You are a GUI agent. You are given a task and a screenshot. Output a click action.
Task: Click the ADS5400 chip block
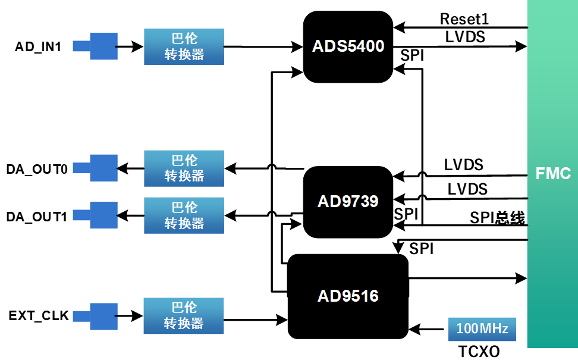pyautogui.click(x=348, y=46)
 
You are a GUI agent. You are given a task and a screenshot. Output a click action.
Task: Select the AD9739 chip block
pyautogui.click(x=348, y=202)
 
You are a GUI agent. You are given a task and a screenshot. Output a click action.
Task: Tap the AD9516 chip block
pyautogui.click(x=348, y=296)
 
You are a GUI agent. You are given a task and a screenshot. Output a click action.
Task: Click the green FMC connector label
pyautogui.click(x=552, y=174)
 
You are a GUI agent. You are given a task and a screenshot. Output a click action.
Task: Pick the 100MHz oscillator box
pyautogui.click(x=482, y=328)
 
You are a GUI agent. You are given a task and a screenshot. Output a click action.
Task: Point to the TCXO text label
pyautogui.click(x=479, y=351)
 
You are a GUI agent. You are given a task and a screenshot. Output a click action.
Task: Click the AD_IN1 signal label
pyautogui.click(x=38, y=46)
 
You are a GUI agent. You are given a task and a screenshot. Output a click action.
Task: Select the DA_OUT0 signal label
pyautogui.click(x=37, y=169)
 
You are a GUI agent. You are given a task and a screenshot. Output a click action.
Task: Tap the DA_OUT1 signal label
pyautogui.click(x=37, y=216)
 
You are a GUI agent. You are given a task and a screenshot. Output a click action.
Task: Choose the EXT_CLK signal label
pyautogui.click(x=39, y=315)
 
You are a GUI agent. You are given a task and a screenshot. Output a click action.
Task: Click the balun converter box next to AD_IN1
pyautogui.click(x=184, y=46)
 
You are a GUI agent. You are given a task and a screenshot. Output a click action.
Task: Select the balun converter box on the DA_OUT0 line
pyautogui.click(x=184, y=168)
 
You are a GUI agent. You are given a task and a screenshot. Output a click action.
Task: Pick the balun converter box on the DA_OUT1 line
pyautogui.click(x=184, y=215)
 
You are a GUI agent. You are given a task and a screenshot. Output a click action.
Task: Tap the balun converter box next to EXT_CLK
pyautogui.click(x=184, y=315)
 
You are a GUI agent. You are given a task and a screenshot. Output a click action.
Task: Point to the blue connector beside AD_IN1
pyautogui.click(x=103, y=46)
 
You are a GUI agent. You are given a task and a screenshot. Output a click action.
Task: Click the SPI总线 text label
pyautogui.click(x=497, y=218)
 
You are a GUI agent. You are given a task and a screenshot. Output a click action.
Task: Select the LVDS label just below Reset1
pyautogui.click(x=465, y=37)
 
